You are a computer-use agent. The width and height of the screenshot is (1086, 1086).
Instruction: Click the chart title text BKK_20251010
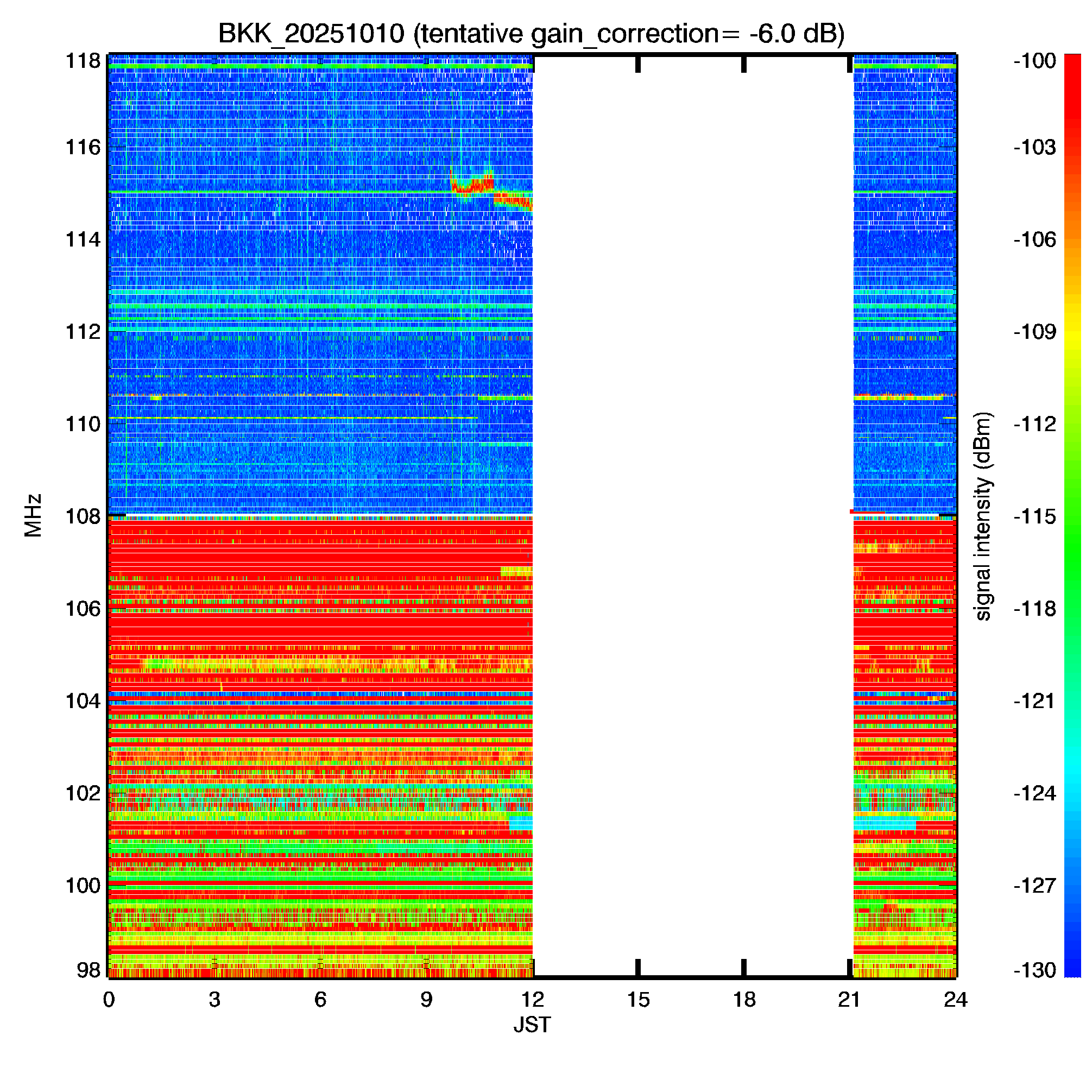point(311,34)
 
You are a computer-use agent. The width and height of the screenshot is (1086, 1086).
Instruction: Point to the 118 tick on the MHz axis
point(83,61)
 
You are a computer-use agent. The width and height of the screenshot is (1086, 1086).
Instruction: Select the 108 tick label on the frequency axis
point(83,516)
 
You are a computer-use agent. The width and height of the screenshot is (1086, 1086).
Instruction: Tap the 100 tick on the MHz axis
point(83,885)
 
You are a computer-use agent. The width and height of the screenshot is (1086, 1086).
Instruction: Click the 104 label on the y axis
point(83,701)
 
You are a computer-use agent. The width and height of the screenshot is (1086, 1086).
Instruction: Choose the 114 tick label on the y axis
point(83,239)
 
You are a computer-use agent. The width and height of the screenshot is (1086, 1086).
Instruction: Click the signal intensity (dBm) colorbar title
point(983,516)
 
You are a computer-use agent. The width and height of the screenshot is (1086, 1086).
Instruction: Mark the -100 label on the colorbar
point(1035,61)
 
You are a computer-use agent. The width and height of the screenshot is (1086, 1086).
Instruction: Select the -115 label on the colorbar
point(1035,516)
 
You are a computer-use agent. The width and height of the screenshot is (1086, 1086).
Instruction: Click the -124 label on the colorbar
point(1035,793)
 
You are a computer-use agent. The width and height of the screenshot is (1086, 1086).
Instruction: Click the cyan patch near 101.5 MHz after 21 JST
point(883,825)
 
